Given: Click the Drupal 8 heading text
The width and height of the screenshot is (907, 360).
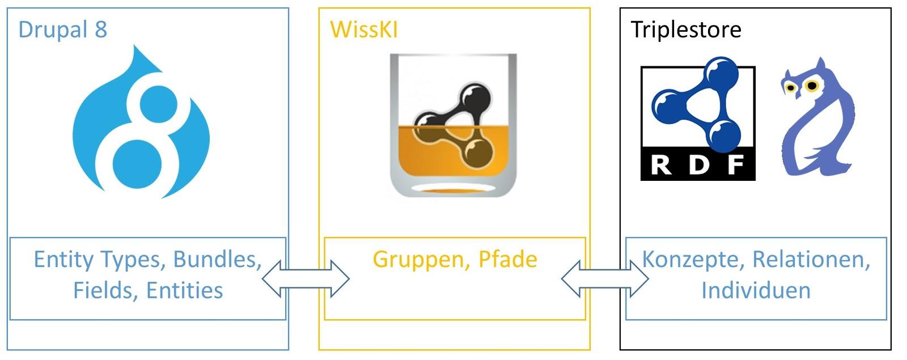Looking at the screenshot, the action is (x=63, y=29).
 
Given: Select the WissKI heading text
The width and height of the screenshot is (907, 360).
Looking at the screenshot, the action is (x=364, y=29).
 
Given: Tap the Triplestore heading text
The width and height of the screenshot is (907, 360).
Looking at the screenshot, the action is (x=686, y=30).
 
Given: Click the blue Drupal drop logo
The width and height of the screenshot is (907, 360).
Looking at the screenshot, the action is (x=141, y=122).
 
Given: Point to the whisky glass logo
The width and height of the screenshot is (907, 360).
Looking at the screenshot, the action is (x=453, y=125).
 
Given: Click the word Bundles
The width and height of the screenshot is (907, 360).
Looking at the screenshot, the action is (x=218, y=259).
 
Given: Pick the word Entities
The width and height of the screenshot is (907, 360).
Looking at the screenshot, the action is (x=185, y=290).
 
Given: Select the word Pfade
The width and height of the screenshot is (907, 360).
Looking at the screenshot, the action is (x=508, y=259).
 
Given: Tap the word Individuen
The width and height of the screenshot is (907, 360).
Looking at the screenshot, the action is (x=756, y=290).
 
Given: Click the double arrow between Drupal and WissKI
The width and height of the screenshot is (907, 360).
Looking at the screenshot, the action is (x=306, y=278).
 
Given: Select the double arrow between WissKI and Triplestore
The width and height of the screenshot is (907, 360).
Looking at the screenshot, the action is (x=605, y=278).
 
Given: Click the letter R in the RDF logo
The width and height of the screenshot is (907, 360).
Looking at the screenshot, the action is (x=661, y=165).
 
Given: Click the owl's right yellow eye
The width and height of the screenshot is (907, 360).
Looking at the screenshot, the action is (x=811, y=86).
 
